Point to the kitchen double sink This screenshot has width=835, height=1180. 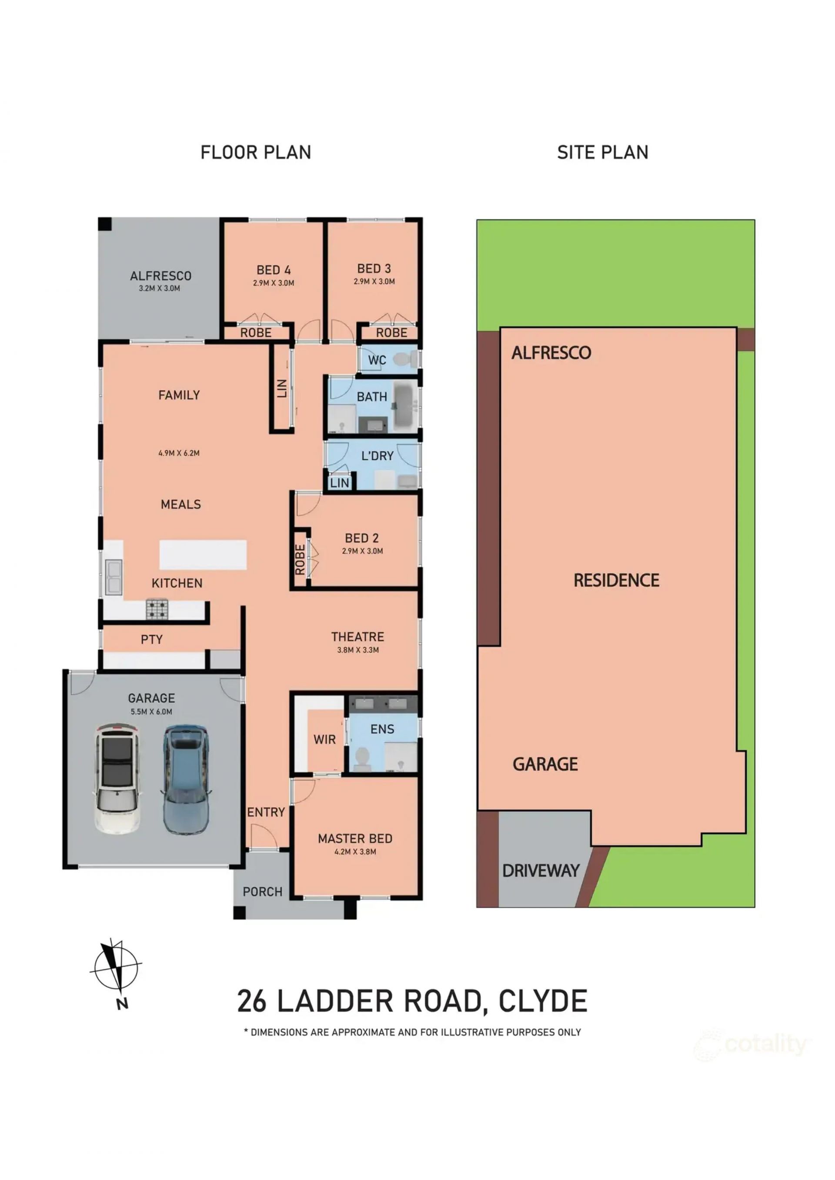coord(114,578)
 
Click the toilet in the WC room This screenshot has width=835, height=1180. coord(406,359)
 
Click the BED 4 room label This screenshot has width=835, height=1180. coord(274,270)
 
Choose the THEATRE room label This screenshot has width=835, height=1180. coord(357,637)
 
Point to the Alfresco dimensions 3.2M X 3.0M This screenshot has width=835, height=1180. coord(160,288)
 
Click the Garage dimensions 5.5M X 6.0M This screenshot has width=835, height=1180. coord(151,712)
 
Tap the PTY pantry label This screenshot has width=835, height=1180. coord(152,639)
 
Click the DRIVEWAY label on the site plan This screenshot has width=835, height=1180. coord(541,871)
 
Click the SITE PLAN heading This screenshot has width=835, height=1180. coord(603,152)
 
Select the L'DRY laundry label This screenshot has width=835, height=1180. coord(377,456)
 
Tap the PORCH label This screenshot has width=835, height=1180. coord(262,892)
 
